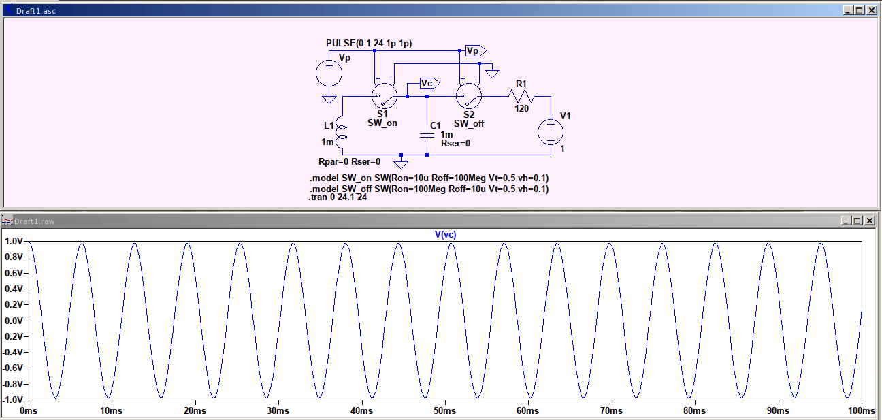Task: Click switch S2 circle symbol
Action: point(469,96)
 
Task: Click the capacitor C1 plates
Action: point(427,135)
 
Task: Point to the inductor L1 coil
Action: point(342,134)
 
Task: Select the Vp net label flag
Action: point(475,51)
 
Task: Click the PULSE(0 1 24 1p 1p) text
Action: point(369,43)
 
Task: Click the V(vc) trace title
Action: point(445,235)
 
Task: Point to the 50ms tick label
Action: point(445,411)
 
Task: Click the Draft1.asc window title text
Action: point(35,11)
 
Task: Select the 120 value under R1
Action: point(522,108)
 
